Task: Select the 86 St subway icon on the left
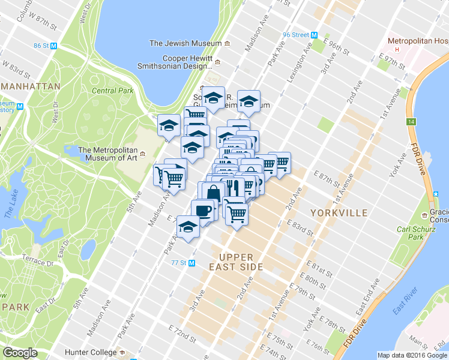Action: [x=54, y=46]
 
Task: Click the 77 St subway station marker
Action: [x=192, y=263]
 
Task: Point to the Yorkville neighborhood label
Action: [x=339, y=213]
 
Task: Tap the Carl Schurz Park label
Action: [x=413, y=234]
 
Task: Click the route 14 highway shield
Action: [x=411, y=121]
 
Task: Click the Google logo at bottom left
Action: [x=20, y=353]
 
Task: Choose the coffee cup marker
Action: [x=203, y=211]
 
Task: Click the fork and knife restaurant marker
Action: [x=233, y=187]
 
